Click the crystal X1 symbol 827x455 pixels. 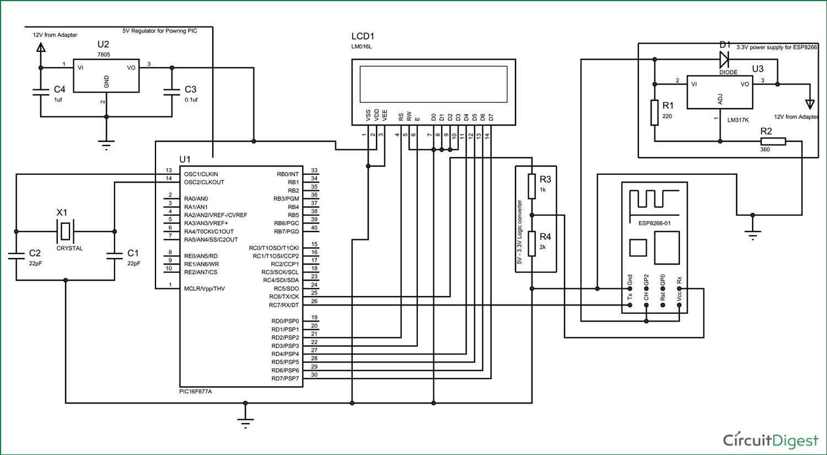66,232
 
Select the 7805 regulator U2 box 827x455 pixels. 106,76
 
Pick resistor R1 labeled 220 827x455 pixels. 654,113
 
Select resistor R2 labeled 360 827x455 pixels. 773,141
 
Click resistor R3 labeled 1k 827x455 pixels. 531,186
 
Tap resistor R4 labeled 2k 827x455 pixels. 531,244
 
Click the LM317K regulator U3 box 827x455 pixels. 719,92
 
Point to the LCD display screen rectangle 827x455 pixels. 433,84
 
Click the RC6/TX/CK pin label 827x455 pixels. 284,297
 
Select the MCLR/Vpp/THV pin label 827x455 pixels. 205,288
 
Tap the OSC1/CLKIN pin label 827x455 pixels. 201,174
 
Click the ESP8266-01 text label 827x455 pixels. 654,223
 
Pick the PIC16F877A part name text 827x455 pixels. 196,392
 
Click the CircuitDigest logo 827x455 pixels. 770,440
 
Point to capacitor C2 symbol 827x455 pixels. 17,255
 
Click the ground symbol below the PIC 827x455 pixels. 245,420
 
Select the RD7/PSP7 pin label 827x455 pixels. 285,378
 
